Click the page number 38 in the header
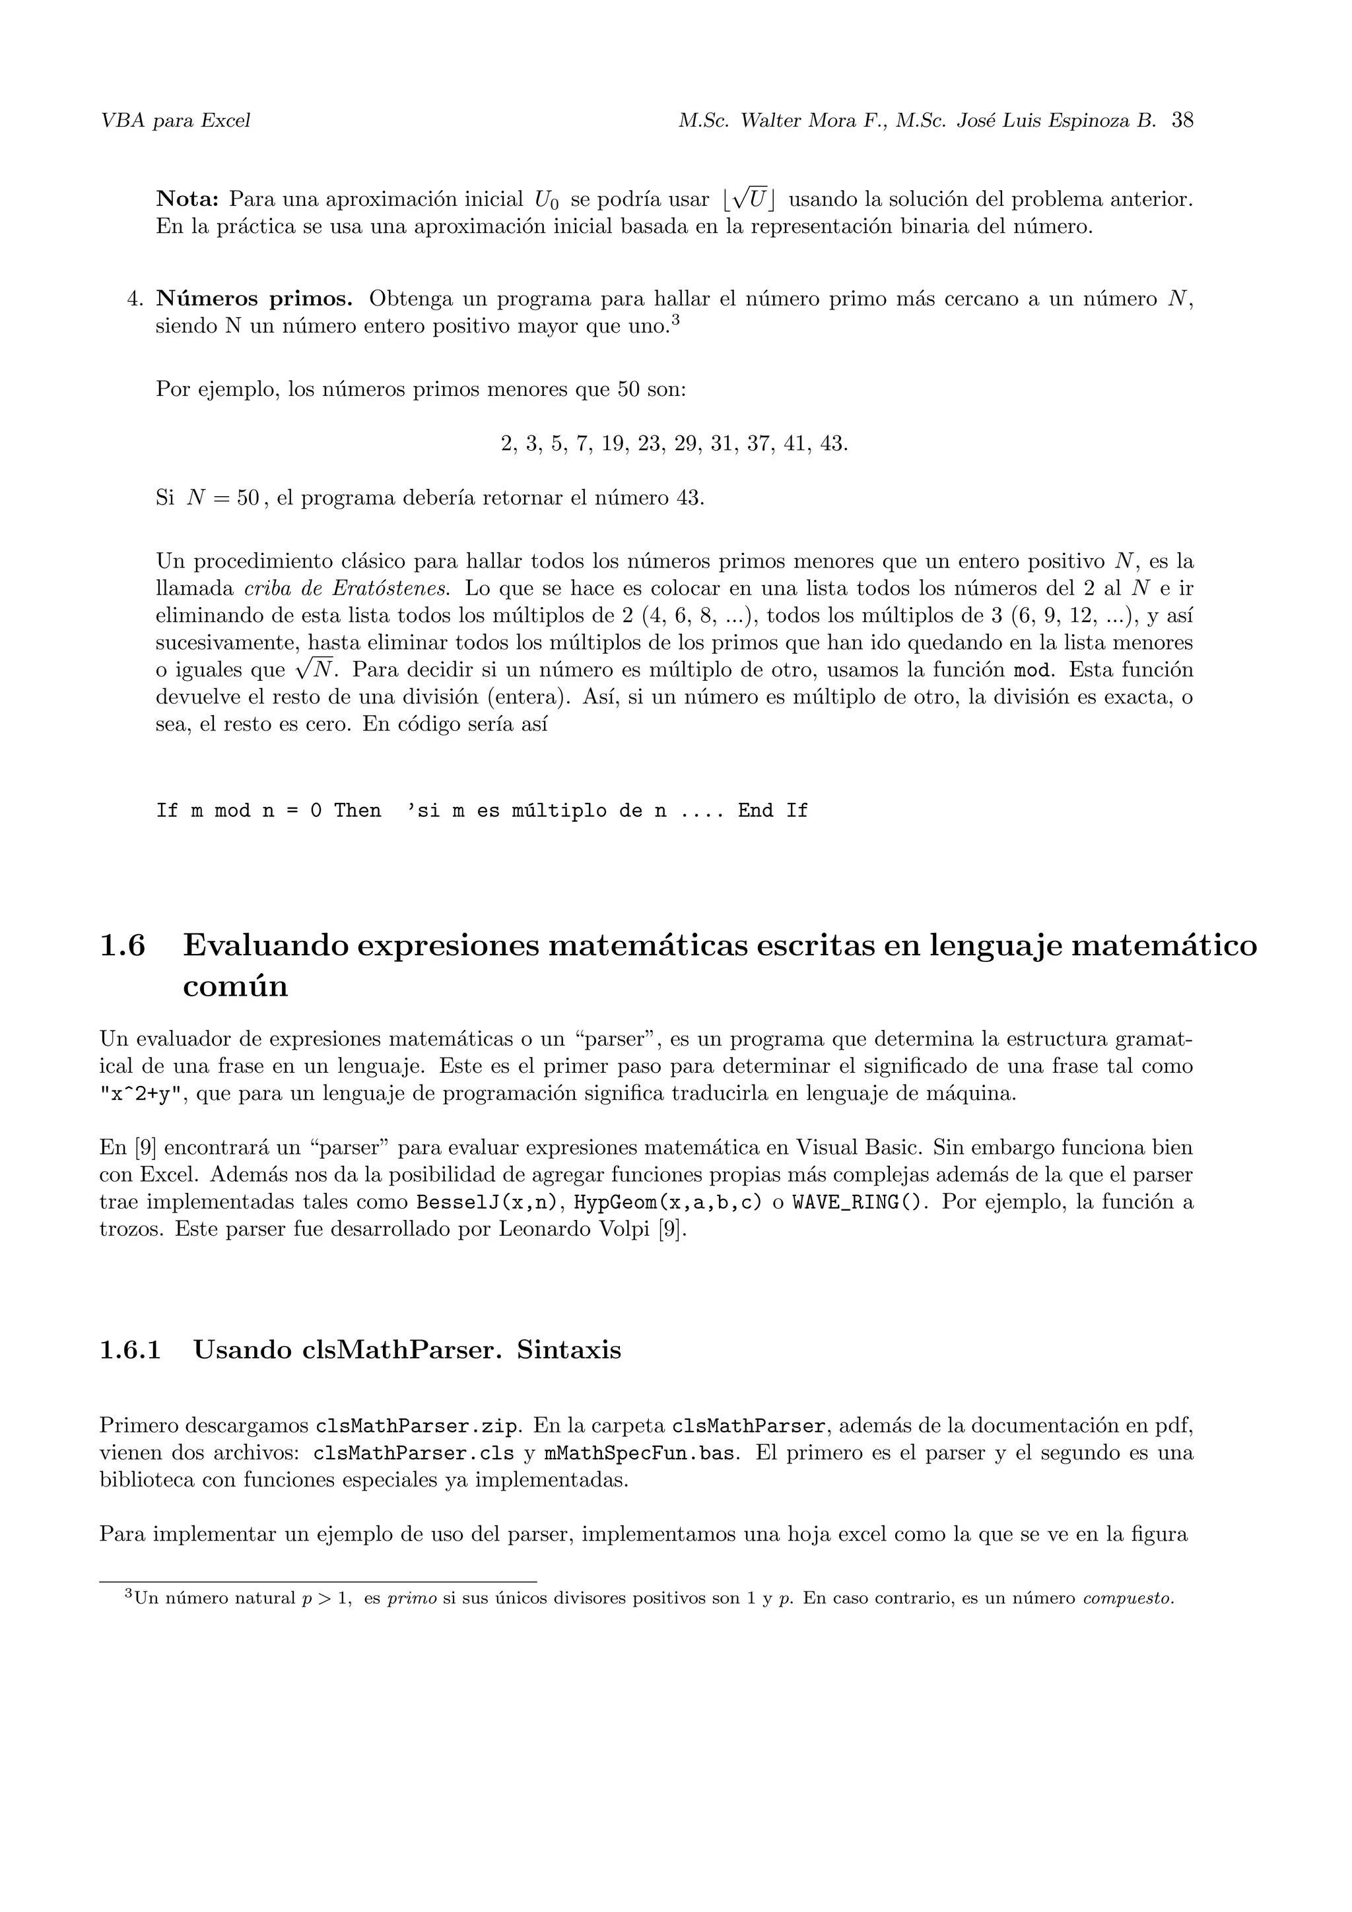[x=1182, y=121]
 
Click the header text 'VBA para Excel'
[x=175, y=121]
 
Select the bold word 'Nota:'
[x=187, y=200]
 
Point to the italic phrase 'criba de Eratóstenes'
[x=347, y=589]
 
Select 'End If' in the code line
[x=772, y=811]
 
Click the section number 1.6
[x=122, y=946]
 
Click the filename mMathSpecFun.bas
[x=642, y=1454]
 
